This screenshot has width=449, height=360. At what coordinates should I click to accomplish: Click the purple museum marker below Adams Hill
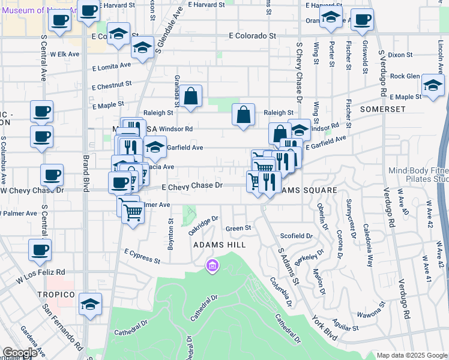211,265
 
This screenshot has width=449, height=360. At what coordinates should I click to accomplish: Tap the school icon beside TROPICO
91,304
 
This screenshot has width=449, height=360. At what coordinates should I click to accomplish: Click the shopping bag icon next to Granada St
190,96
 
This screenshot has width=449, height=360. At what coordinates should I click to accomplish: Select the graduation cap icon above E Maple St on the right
432,85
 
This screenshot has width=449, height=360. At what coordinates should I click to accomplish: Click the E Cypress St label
142,256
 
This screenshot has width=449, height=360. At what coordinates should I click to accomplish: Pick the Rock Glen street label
405,76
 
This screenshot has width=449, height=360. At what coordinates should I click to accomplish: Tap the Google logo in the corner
20,353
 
